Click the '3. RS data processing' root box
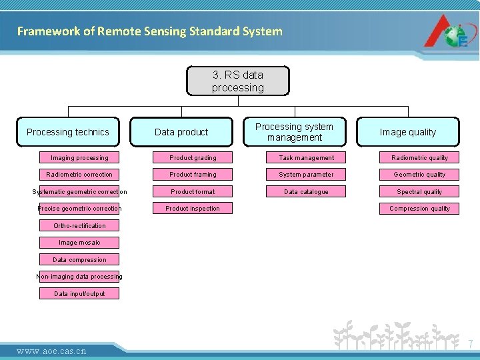coord(238,81)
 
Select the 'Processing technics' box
coord(68,132)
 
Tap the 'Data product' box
coord(181,132)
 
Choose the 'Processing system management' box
coord(294,132)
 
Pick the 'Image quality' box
coord(407,132)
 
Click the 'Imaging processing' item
coord(79,158)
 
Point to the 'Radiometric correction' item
coord(79,175)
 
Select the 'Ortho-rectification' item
coord(79,226)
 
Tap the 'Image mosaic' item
coord(79,243)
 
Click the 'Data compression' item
coord(79,260)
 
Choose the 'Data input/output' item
coord(79,294)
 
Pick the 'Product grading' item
coord(193,158)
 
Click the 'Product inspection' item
coord(193,209)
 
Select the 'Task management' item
coord(306,158)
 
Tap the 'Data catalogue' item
coord(306,192)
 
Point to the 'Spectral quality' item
coord(419,192)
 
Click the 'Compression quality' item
coord(419,209)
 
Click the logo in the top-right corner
coord(447,31)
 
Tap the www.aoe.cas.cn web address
coord(51,351)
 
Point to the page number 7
coord(470,344)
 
